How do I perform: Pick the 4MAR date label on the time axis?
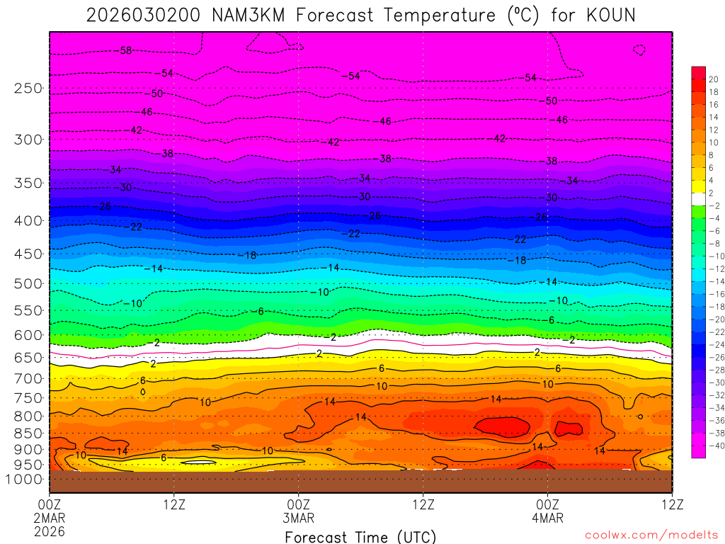[548, 518]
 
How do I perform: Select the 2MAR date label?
[50, 518]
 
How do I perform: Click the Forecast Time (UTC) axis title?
[360, 537]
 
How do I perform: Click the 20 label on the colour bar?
[713, 79]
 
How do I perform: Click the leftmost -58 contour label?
[125, 50]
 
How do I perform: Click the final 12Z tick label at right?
[671, 504]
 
